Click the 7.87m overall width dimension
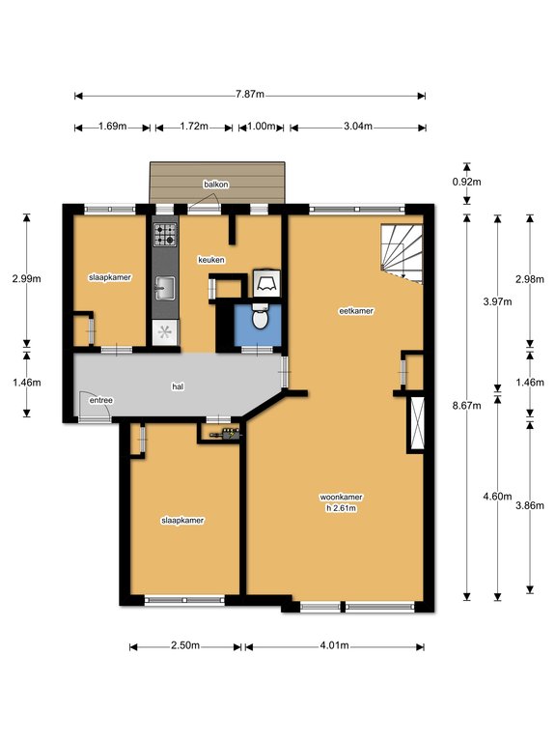pos(250,94)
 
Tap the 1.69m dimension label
pos(113,127)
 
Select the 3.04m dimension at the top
pos(358,127)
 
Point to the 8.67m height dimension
pos(466,406)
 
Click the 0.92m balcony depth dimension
pos(466,182)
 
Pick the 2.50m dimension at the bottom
pos(185,645)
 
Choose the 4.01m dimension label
pos(334,645)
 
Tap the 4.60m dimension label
pos(497,497)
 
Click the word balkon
pos(216,185)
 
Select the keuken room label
pos(211,260)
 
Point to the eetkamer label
pos(356,311)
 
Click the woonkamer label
pos(342,498)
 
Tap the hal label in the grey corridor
pos(178,386)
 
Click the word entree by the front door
pos(101,400)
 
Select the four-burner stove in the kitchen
pos(165,235)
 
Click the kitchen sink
pos(165,288)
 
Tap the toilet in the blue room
pos(260,318)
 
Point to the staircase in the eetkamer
pos(402,254)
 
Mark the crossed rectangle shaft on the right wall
pos(417,423)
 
